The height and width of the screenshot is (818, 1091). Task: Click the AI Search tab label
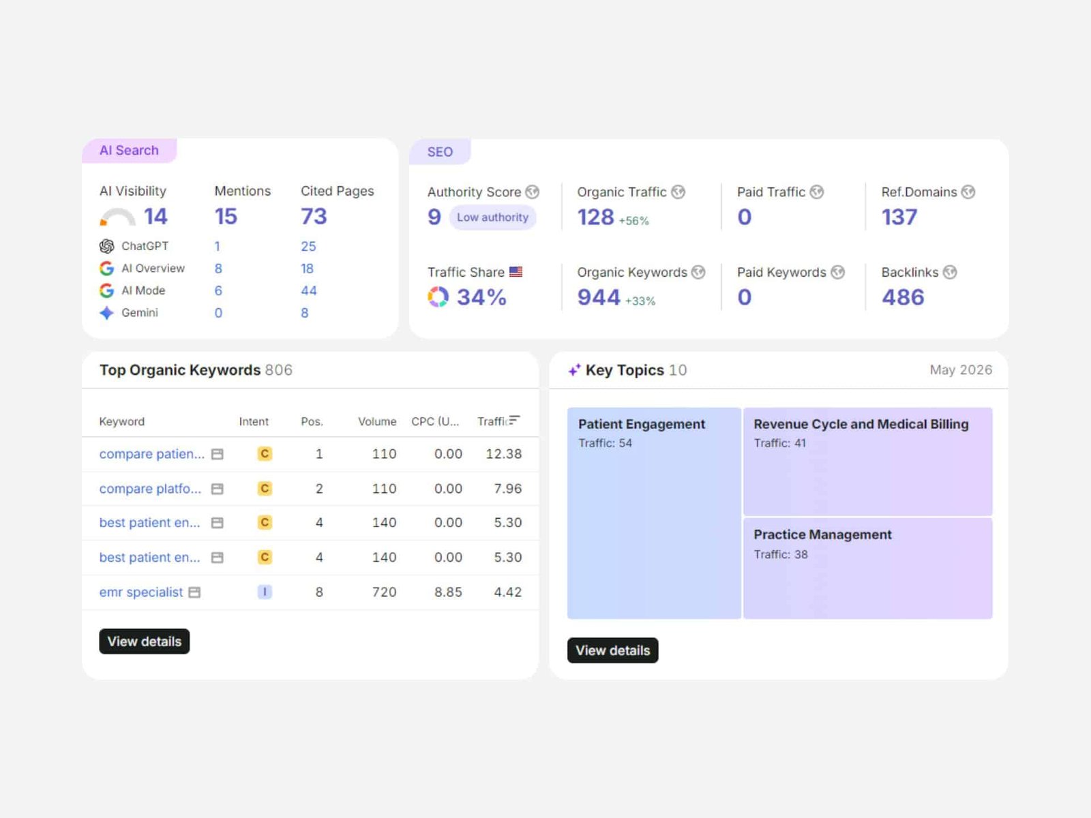[129, 151]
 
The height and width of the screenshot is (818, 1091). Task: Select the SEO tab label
[440, 152]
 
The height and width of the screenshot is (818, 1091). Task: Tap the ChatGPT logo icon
[106, 246]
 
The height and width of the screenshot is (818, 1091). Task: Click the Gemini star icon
[106, 313]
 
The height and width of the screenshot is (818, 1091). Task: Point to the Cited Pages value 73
[314, 217]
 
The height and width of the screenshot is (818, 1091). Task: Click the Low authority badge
[492, 217]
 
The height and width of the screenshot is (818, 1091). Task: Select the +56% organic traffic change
[633, 220]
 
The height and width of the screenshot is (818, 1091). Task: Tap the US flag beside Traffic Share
[516, 272]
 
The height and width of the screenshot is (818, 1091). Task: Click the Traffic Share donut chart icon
[438, 297]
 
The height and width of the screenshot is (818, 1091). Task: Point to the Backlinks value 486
[903, 297]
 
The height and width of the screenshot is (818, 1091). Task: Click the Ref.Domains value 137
[899, 217]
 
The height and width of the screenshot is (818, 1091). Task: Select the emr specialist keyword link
[141, 592]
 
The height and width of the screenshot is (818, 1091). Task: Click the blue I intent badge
[265, 592]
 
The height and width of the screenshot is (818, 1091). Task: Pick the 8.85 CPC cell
[448, 592]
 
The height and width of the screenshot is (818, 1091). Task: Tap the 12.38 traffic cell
[503, 454]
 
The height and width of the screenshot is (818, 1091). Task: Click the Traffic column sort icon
[514, 420]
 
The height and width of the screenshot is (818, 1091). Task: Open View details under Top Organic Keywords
[144, 641]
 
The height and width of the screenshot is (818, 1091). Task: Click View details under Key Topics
[612, 650]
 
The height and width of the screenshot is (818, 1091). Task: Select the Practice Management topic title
[822, 535]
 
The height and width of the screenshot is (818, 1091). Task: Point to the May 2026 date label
[961, 370]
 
